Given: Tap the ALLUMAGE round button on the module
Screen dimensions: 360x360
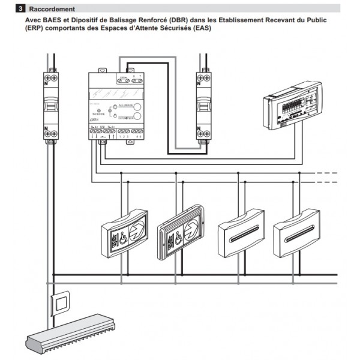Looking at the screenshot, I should click(x=137, y=106).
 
